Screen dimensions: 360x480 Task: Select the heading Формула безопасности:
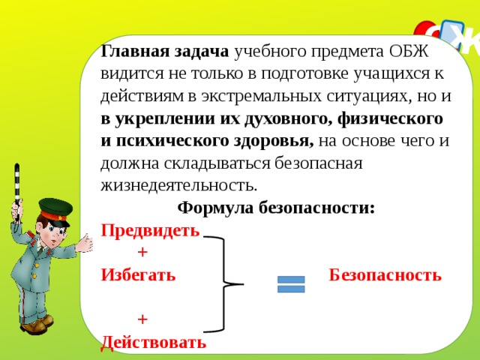point(276,207)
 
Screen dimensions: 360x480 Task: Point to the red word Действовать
point(153,343)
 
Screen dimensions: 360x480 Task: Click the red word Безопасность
point(385,274)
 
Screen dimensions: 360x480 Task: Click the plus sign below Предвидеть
point(142,252)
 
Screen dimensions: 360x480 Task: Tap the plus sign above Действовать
point(142,319)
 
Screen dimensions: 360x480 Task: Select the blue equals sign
point(291,284)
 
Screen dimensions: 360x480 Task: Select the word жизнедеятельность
point(179,184)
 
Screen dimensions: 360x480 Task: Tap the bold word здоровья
point(278,140)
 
